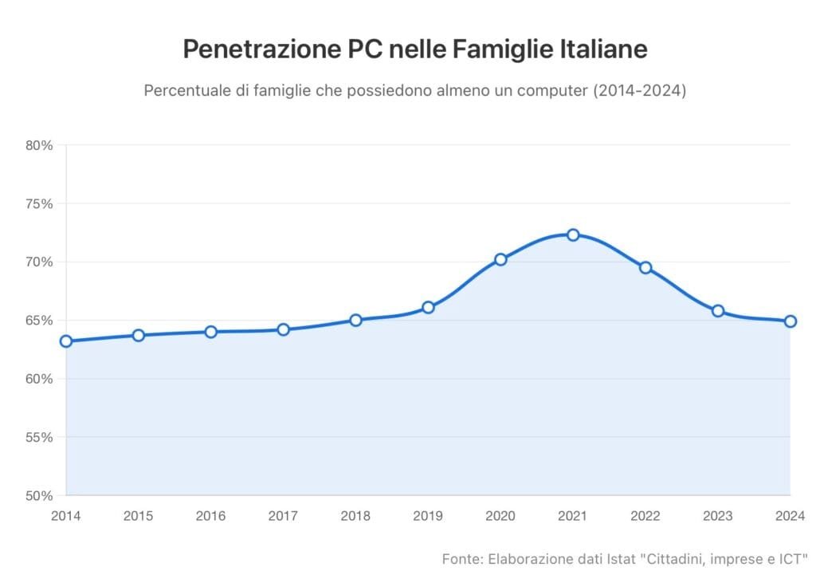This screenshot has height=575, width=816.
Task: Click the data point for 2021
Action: [573, 234]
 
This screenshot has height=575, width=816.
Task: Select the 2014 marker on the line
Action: [66, 341]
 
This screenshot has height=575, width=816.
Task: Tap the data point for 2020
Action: [500, 259]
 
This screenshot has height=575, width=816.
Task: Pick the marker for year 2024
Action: [790, 321]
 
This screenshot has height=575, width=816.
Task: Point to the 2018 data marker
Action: [355, 320]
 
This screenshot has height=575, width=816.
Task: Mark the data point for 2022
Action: [645, 267]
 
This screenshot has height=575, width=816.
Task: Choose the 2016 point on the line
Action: [211, 332]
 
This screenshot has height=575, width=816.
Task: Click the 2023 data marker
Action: [718, 311]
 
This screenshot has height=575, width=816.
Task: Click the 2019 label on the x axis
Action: [428, 516]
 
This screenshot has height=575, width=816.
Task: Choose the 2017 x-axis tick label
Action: [283, 516]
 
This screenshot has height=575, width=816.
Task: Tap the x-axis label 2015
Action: [139, 516]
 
